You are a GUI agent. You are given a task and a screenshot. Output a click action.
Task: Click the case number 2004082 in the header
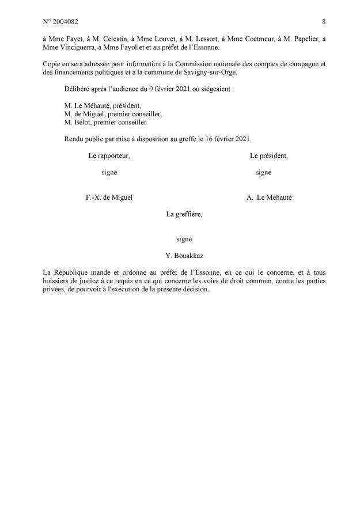59,22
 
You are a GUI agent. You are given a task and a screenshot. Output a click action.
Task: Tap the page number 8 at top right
324,22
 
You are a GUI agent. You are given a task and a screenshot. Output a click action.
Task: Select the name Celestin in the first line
105,38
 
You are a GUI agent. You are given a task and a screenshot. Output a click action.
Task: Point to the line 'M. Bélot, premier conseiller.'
107,123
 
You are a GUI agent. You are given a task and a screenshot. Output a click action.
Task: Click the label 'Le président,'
269,156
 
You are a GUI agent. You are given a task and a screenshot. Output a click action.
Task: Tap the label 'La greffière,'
184,214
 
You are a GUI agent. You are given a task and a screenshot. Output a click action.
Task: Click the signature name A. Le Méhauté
269,197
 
